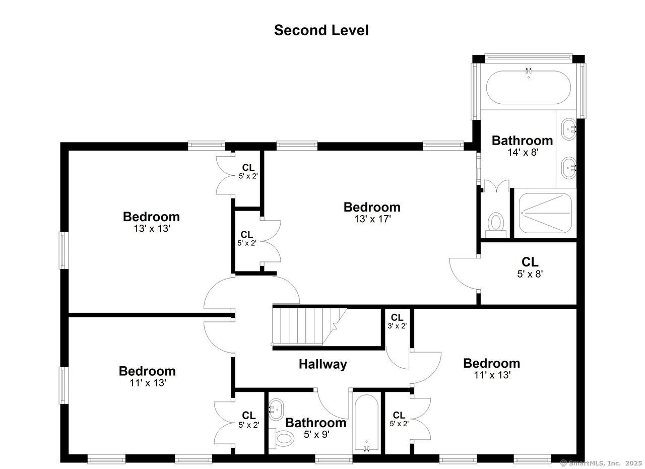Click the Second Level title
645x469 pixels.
tap(321, 30)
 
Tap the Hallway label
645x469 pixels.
tap(323, 364)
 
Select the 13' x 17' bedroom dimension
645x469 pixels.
tap(372, 219)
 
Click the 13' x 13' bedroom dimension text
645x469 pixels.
tap(152, 229)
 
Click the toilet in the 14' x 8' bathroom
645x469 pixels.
tap(495, 225)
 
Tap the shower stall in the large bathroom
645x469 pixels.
tap(545, 213)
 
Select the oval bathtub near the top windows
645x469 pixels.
tap(529, 87)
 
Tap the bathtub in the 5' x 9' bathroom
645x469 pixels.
tap(366, 423)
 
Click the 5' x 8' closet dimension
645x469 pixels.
tap(530, 274)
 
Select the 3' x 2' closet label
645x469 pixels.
tap(397, 321)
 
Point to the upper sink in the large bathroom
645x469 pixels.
tap(569, 129)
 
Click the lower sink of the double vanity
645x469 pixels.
tap(569, 168)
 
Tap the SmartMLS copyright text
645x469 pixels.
tap(601, 463)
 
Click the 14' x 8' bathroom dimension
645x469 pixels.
tap(523, 152)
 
